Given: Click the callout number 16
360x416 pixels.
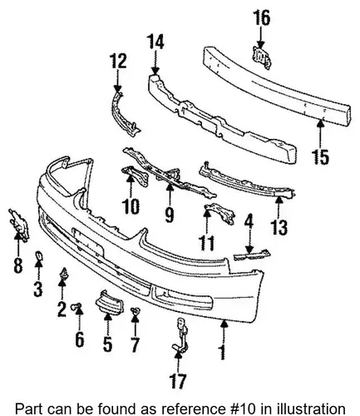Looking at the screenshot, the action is (x=261, y=18).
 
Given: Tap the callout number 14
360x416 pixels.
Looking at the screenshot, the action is (x=155, y=42).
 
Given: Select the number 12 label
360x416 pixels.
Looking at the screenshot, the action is (x=118, y=61).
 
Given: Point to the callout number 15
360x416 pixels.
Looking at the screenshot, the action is (x=321, y=157).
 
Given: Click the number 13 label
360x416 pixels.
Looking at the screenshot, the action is (x=279, y=228).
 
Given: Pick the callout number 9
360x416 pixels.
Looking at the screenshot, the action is (x=170, y=215).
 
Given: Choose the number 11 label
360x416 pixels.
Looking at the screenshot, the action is (x=207, y=243).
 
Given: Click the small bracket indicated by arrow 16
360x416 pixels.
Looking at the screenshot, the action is (x=261, y=57).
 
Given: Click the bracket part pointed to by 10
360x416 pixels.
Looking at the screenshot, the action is (x=136, y=176).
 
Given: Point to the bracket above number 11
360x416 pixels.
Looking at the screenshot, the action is (x=220, y=213).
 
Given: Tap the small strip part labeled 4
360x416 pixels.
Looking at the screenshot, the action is (x=252, y=255).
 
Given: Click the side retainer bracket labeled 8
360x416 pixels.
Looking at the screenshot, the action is (x=19, y=225).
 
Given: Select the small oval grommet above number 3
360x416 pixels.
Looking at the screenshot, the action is (x=38, y=255).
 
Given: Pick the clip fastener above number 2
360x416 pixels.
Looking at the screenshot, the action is (x=63, y=273).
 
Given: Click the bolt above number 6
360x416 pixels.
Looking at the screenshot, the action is (x=76, y=306).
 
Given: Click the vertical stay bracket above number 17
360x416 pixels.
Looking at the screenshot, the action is (x=181, y=334).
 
